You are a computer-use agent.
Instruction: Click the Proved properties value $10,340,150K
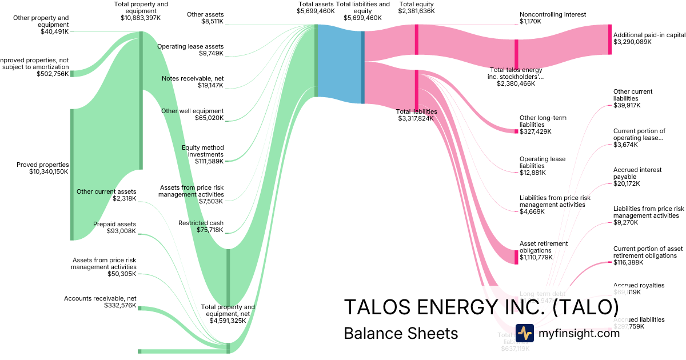click(x=48, y=171)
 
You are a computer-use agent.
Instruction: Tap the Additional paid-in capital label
click(x=649, y=35)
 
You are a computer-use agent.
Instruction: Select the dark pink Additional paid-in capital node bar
click(x=610, y=39)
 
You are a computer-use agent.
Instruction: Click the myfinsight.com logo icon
click(x=524, y=333)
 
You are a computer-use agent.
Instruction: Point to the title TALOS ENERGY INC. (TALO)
click(x=481, y=307)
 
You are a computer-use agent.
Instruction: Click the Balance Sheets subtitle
click(x=401, y=333)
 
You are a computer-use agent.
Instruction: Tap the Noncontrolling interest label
click(x=553, y=14)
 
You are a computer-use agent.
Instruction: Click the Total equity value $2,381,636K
click(x=416, y=11)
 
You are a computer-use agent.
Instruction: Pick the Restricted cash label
click(x=201, y=223)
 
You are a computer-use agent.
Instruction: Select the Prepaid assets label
click(x=115, y=224)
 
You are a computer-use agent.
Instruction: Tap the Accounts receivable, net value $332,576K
click(x=120, y=306)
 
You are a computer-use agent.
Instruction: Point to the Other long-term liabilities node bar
click(x=516, y=131)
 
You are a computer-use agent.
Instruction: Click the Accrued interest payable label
click(x=637, y=173)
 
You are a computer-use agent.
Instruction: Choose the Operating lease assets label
click(x=190, y=46)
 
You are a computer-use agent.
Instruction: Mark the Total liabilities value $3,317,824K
click(x=416, y=119)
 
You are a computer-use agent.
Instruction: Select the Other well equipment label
click(x=193, y=111)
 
